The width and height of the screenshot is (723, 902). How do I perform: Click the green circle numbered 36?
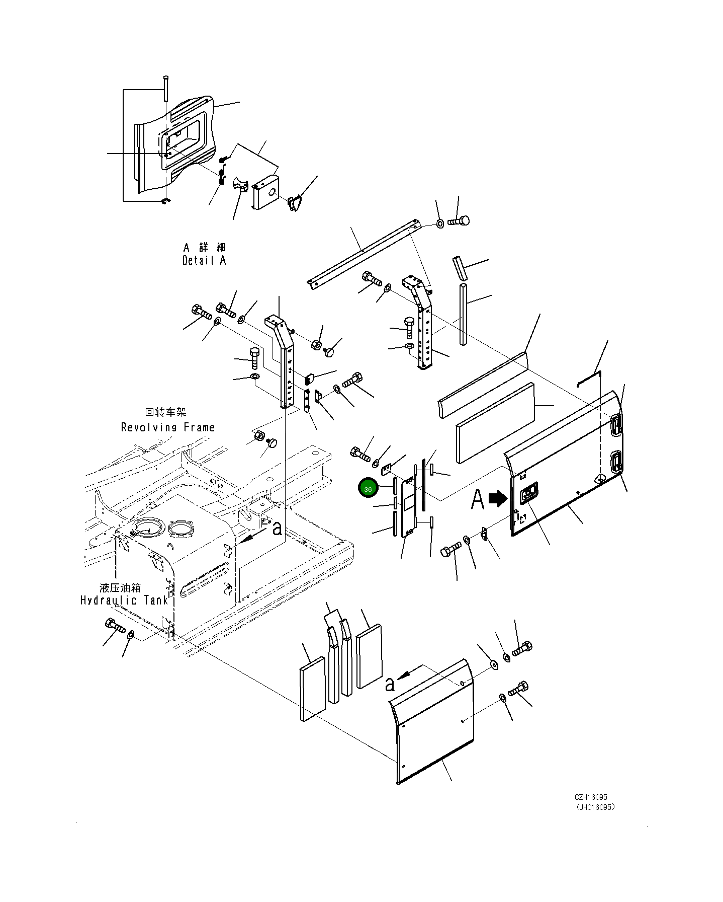coord(368,489)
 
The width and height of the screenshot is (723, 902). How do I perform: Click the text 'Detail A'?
coord(204,261)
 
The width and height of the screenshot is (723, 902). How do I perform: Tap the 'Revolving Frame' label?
coord(168,427)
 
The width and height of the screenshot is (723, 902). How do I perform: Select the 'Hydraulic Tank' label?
coord(124,600)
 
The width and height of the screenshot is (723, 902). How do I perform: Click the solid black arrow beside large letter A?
coord(499,498)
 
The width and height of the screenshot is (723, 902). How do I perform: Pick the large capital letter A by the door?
coord(478,500)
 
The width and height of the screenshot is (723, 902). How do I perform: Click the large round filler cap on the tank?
coord(149,528)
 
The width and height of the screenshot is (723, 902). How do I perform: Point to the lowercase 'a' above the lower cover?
coord(390,684)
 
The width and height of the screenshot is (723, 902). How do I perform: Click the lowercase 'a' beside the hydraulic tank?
coord(277,528)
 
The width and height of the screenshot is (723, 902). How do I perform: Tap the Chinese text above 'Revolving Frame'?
coord(165,412)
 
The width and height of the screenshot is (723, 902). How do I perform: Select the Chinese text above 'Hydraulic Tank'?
coord(120,587)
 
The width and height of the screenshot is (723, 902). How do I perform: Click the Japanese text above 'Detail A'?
coord(205,247)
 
